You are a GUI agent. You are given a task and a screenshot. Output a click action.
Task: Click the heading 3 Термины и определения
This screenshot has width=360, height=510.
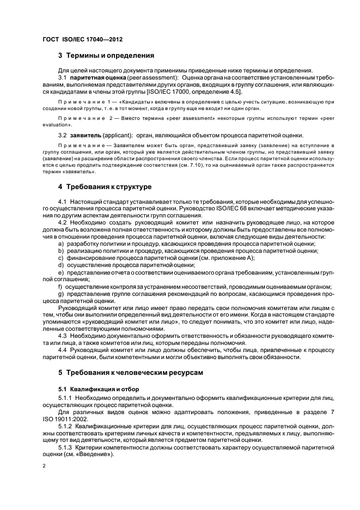tap(106, 56)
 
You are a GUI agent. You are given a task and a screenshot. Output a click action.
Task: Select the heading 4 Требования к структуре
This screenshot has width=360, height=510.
tap(105, 187)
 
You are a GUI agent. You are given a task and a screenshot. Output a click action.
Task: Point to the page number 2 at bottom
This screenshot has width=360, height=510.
tap(44, 467)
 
